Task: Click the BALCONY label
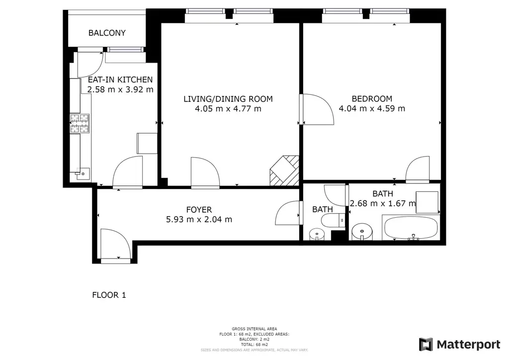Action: [107, 33]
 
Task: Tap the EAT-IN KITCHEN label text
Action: [120, 80]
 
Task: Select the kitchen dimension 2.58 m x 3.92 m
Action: [120, 90]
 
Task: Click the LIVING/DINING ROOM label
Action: [228, 99]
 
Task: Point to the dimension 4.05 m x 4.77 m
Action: [228, 109]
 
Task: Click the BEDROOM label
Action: [371, 98]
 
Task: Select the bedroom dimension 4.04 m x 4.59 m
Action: [371, 108]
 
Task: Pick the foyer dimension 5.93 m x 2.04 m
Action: [199, 219]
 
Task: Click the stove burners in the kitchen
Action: [80, 124]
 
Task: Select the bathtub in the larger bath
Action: [411, 228]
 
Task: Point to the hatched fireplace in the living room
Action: [284, 171]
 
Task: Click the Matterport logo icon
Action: [425, 344]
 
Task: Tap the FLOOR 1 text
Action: [109, 295]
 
